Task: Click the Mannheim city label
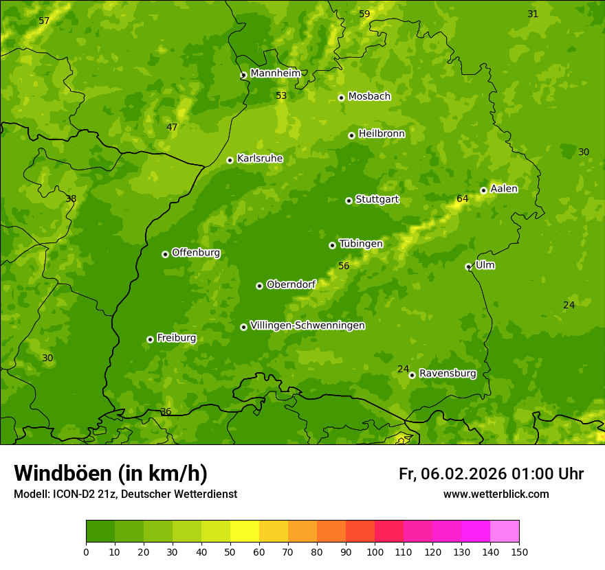[275, 73]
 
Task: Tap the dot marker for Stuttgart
[349, 201]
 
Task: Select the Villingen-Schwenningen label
[307, 326]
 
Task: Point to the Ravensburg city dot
[412, 375]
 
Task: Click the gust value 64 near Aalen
[463, 199]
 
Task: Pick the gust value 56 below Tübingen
[344, 266]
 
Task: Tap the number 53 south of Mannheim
[281, 95]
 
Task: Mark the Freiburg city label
[176, 338]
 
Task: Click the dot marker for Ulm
[468, 266]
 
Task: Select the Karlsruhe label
[259, 159]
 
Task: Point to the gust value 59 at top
[364, 14]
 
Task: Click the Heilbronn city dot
[351, 135]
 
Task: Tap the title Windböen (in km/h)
[111, 473]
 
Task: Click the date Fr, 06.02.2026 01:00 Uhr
[491, 474]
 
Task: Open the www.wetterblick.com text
[496, 494]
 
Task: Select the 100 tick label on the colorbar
[375, 551]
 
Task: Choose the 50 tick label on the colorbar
[230, 551]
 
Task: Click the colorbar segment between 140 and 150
[505, 532]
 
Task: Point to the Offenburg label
[195, 253]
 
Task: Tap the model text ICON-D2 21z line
[125, 494]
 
